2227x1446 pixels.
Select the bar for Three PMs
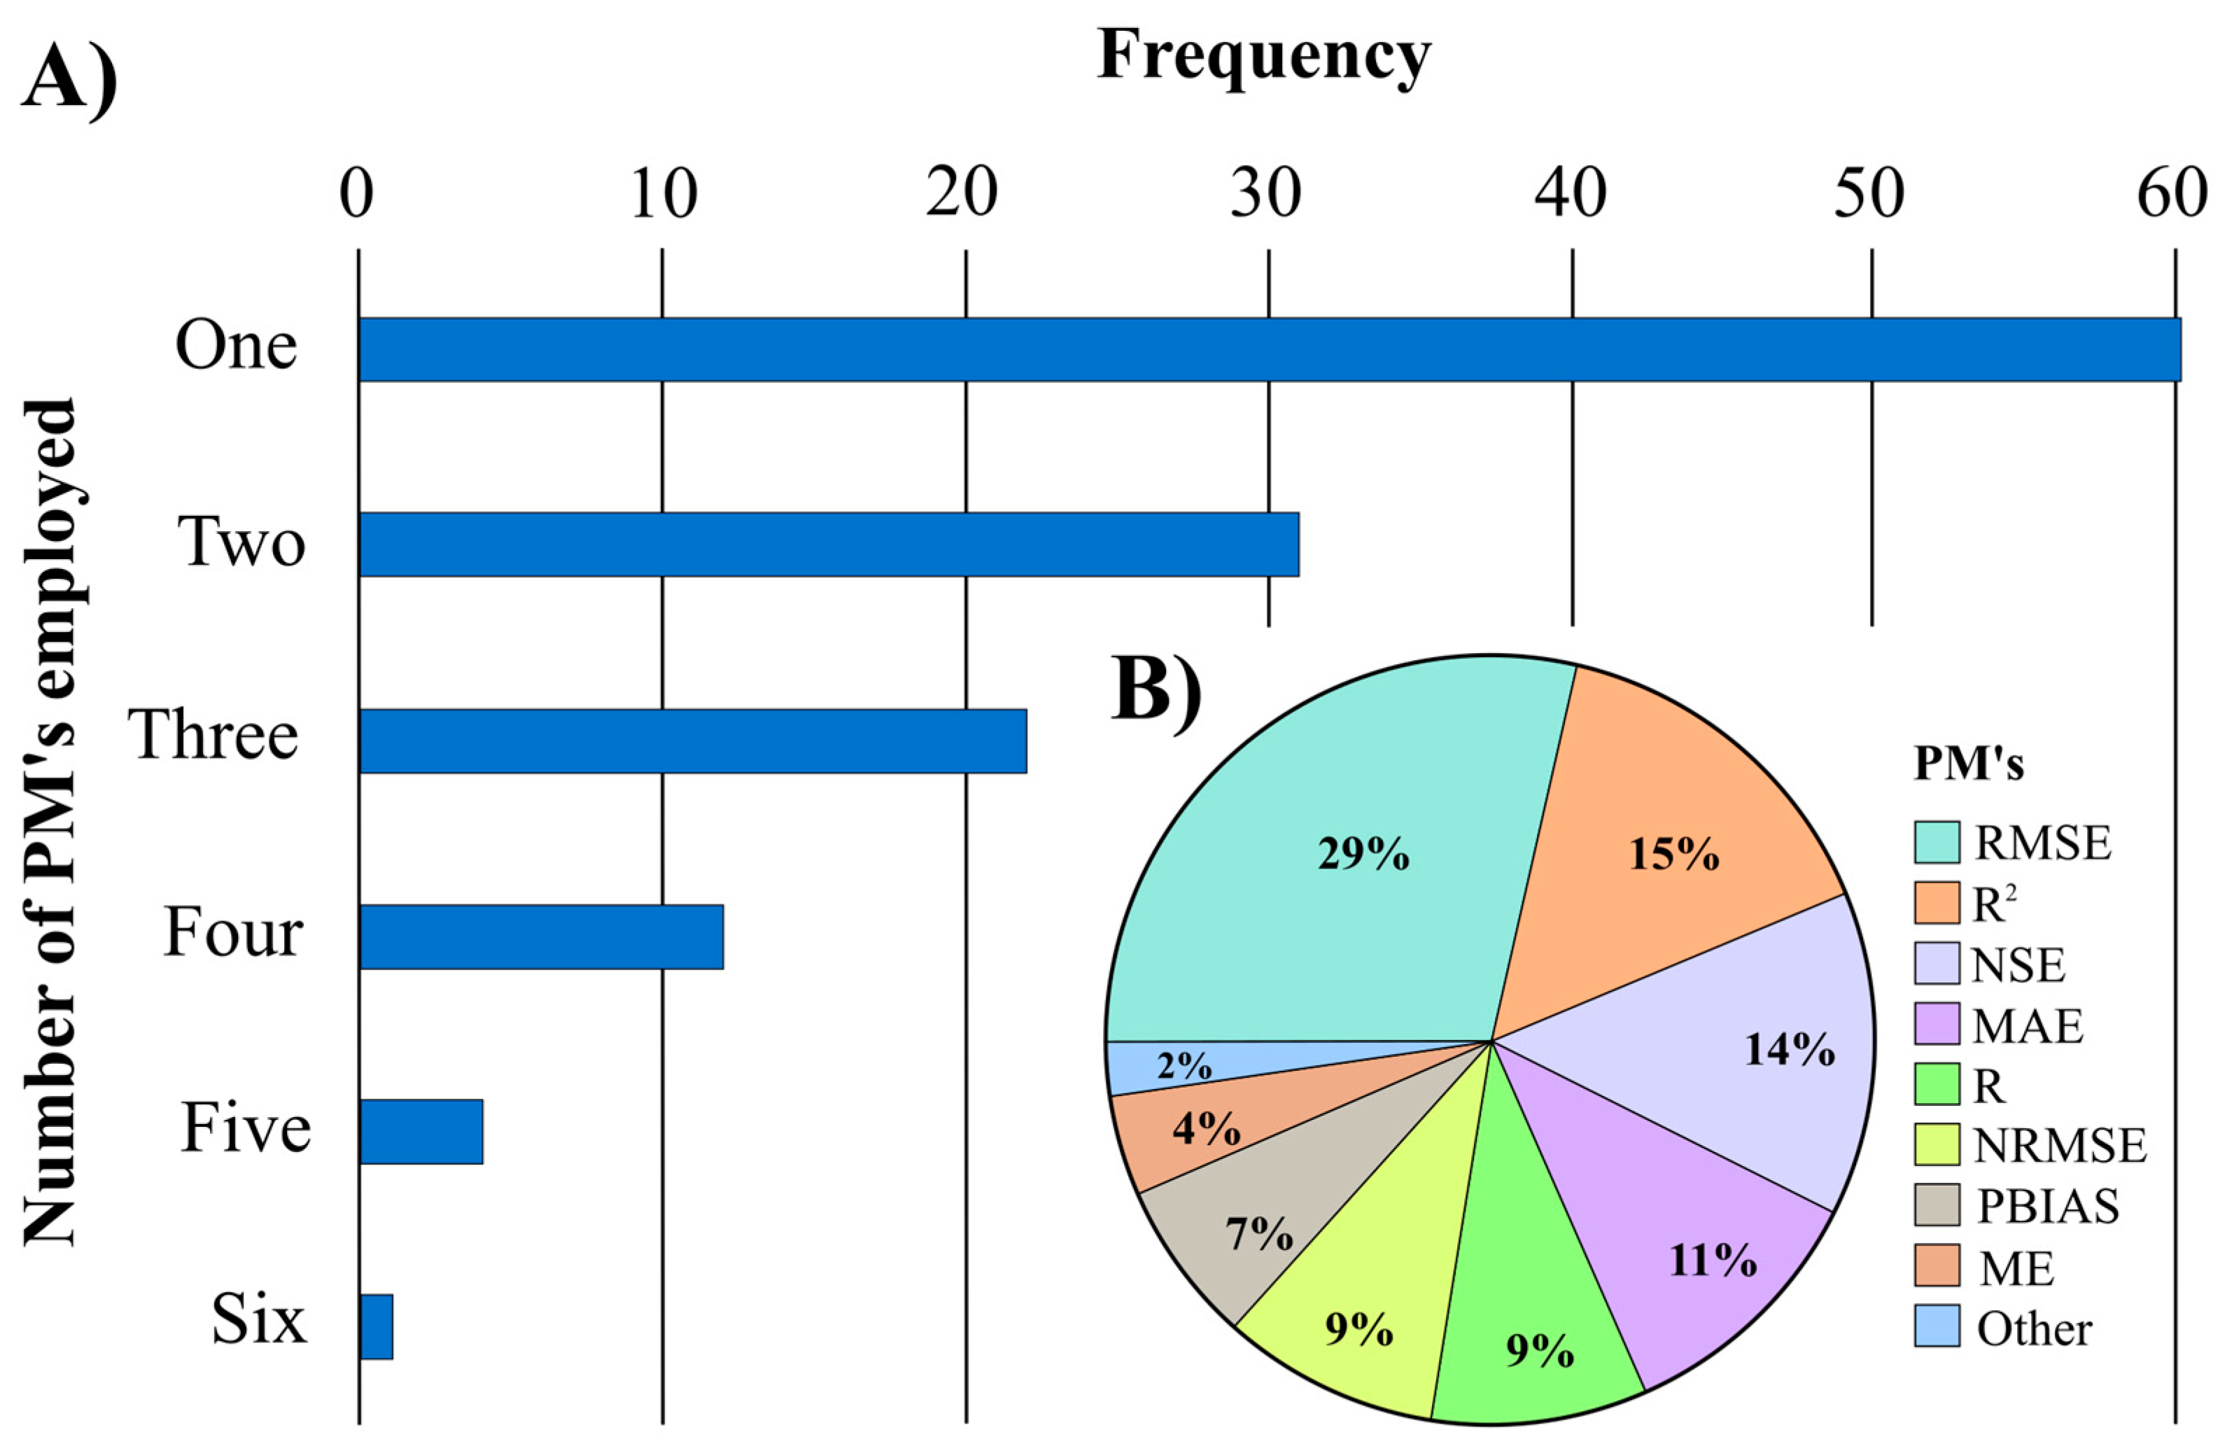692,740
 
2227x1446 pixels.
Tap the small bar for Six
376,1326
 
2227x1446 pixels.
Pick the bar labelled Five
421,1132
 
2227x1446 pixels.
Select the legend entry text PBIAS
2047,1207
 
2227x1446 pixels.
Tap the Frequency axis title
1263,56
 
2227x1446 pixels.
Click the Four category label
234,932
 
